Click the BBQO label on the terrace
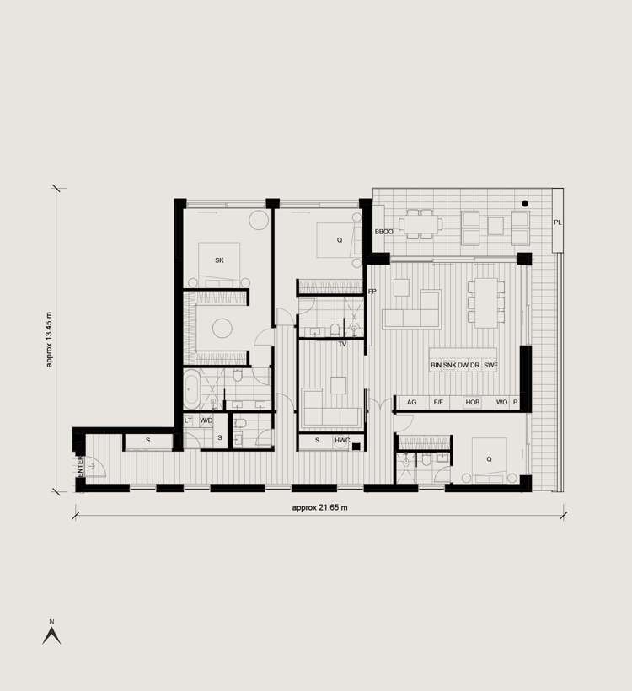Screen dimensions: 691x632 pyautogui.click(x=384, y=231)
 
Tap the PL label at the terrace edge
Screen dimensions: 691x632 pyautogui.click(x=558, y=222)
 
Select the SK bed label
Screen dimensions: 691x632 pyautogui.click(x=219, y=260)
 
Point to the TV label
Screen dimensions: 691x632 pyautogui.click(x=342, y=345)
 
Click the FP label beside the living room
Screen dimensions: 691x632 pyautogui.click(x=372, y=292)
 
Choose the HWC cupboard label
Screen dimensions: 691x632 pyautogui.click(x=342, y=441)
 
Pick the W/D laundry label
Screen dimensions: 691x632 pyautogui.click(x=206, y=420)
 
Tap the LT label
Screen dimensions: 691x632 pyautogui.click(x=189, y=420)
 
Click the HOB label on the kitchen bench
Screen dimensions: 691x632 pyautogui.click(x=472, y=403)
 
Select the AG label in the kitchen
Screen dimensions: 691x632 pyautogui.click(x=412, y=403)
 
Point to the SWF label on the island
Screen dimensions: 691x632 pyautogui.click(x=490, y=365)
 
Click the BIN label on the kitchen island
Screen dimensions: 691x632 pyautogui.click(x=436, y=365)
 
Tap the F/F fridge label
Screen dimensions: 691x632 pyautogui.click(x=438, y=403)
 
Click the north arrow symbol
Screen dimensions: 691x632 pyautogui.click(x=51, y=634)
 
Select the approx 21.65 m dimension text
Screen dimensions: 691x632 pyautogui.click(x=319, y=508)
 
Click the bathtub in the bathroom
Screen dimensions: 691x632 pyautogui.click(x=191, y=390)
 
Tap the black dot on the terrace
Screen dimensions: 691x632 pyautogui.click(x=525, y=204)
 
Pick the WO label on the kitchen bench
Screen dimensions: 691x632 pyautogui.click(x=501, y=403)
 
